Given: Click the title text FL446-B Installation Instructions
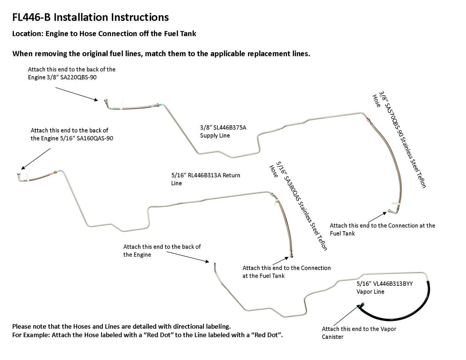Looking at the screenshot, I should click(90, 17).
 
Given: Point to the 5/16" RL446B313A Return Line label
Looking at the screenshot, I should click(206, 179).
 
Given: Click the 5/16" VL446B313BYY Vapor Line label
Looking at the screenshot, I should click(384, 288).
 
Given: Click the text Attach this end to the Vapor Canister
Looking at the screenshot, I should click(359, 333).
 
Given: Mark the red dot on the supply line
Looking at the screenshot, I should click(368, 118).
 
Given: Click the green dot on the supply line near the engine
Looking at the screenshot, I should click(156, 104).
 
